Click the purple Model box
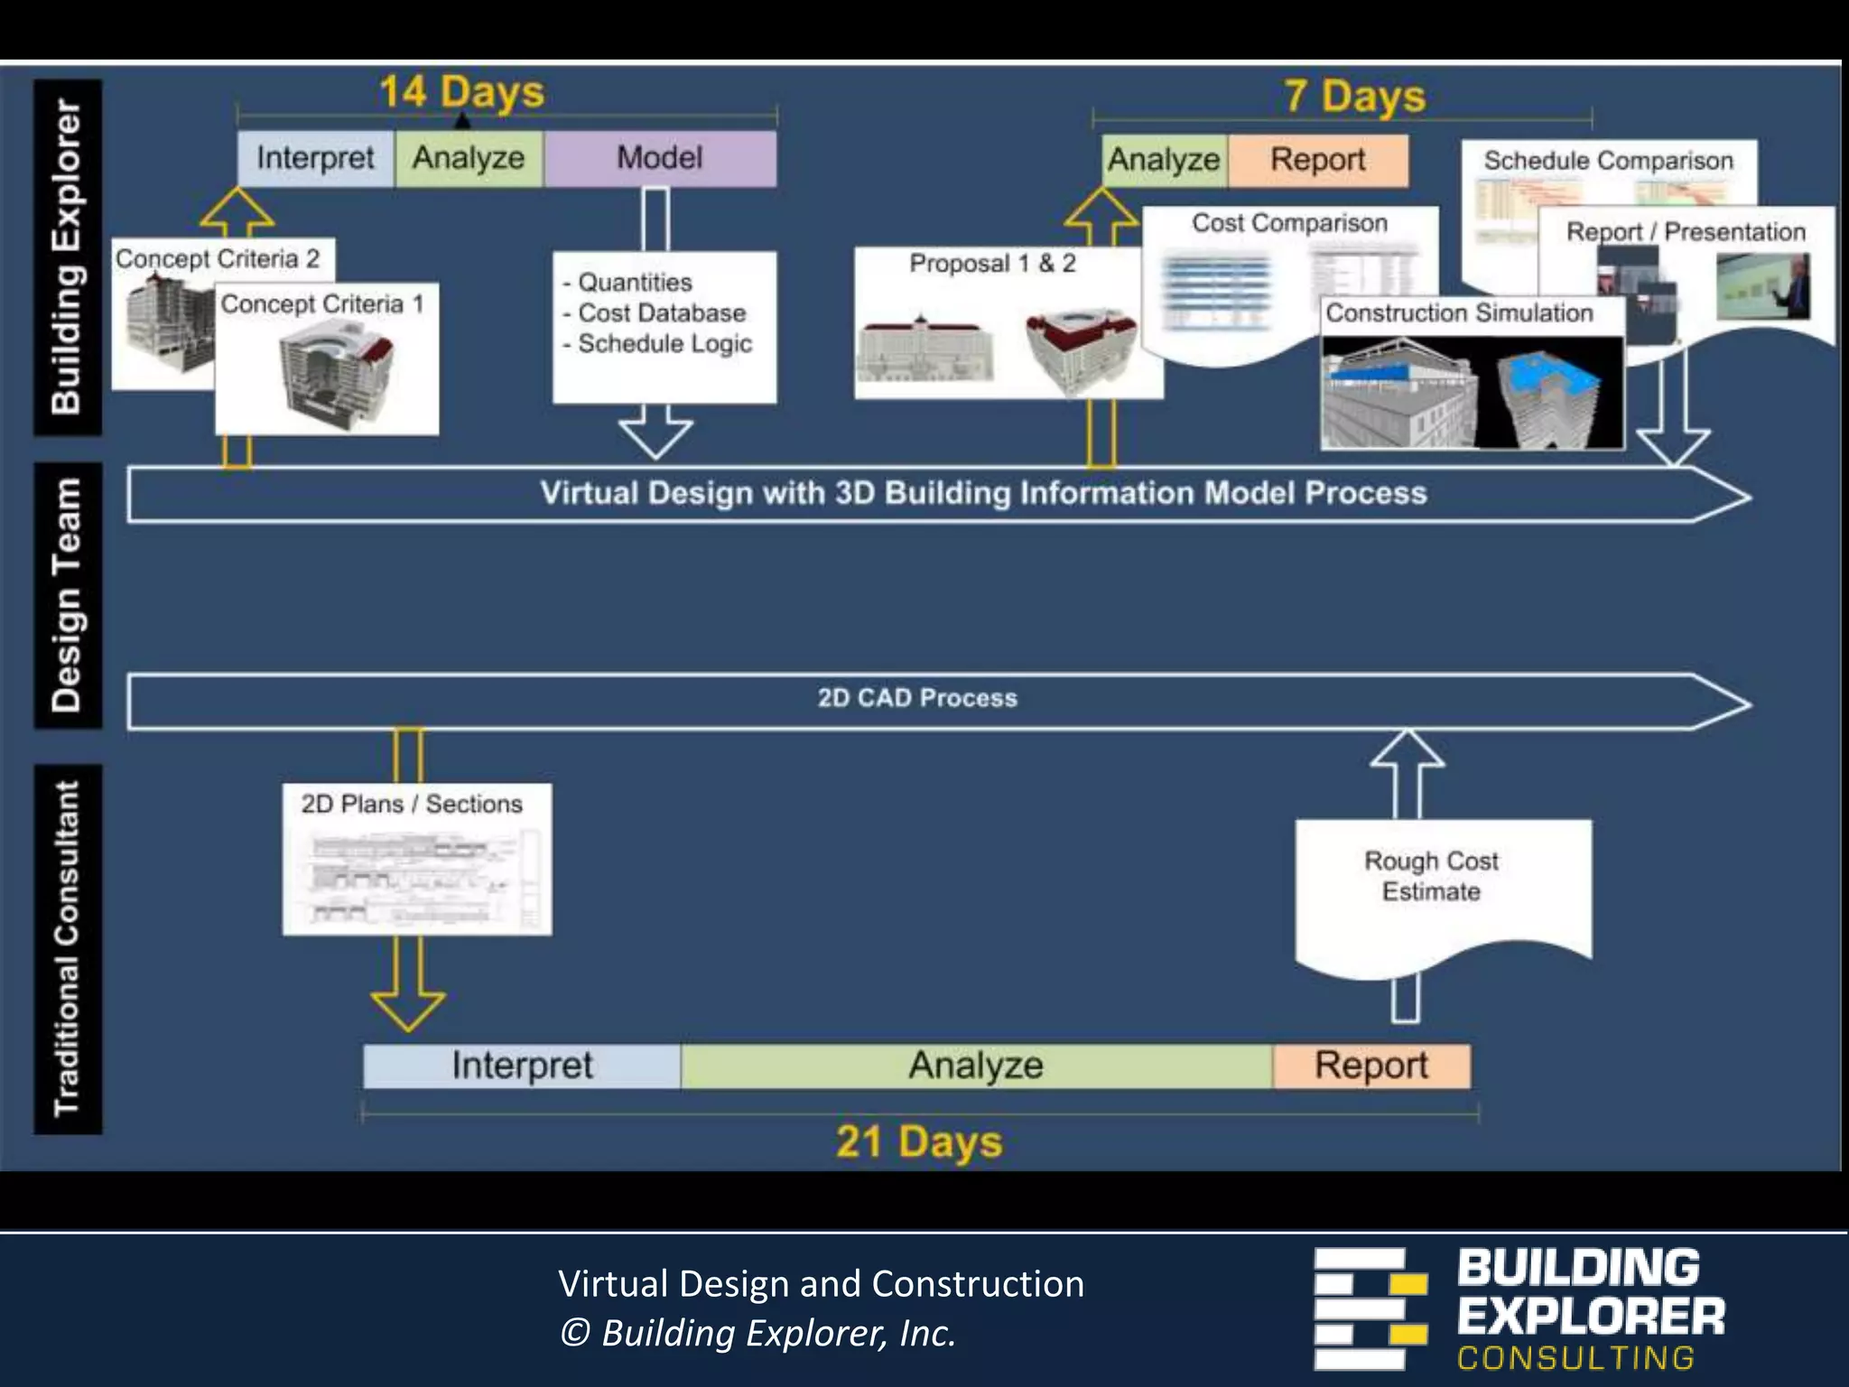(660, 158)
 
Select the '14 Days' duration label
(461, 92)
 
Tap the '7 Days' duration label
(1354, 96)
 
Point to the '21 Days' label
(919, 1141)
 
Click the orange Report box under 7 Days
(1317, 160)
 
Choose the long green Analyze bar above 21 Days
(976, 1066)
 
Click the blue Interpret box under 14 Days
(315, 158)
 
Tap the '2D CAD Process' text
(917, 698)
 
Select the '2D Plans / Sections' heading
(412, 804)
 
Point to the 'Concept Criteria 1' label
(322, 304)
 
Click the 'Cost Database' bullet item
(662, 313)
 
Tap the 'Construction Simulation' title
(1459, 313)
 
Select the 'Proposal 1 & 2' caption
(992, 264)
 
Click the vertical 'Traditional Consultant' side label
(68, 948)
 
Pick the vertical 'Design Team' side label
(68, 596)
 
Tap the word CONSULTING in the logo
(1575, 1357)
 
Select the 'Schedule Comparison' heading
(1608, 161)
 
